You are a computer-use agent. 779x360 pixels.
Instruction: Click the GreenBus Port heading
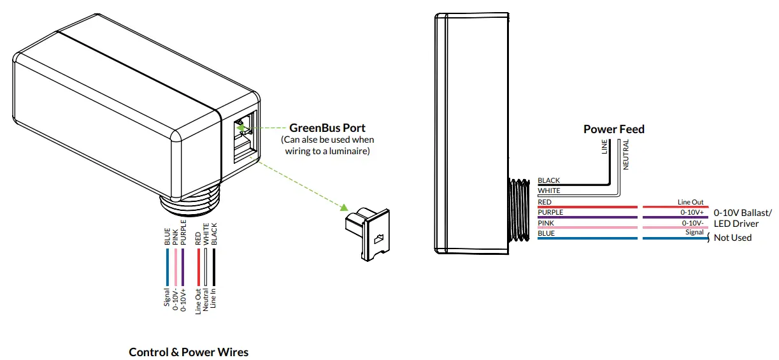(327, 127)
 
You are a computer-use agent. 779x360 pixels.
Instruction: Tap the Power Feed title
(613, 129)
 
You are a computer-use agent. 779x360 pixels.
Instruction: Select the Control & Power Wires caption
(189, 352)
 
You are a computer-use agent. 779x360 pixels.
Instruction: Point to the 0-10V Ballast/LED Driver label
(742, 218)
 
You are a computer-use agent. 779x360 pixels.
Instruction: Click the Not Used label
(733, 238)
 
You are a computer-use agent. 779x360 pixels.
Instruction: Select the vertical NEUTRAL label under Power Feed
(626, 154)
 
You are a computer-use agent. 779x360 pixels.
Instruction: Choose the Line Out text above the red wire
(691, 202)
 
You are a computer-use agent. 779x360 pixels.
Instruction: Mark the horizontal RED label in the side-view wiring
(545, 202)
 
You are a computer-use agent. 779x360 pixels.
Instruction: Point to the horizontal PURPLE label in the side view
(550, 212)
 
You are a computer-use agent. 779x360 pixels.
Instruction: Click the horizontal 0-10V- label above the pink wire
(692, 222)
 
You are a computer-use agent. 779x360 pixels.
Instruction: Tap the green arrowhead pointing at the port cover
(343, 208)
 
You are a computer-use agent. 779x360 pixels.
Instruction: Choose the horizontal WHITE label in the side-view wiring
(549, 191)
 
